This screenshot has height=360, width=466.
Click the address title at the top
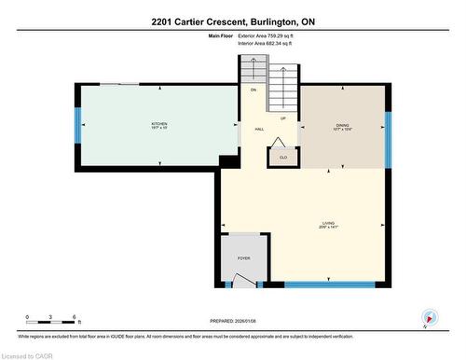coord(232,20)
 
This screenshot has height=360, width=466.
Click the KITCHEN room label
coord(159,126)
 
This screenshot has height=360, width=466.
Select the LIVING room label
coord(328,225)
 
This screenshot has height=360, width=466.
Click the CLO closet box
coord(282,158)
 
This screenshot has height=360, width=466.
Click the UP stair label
coord(282,118)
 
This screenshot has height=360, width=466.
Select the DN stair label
coord(253,90)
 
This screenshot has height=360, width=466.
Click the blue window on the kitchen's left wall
coord(78,126)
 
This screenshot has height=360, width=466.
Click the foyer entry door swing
coord(243,279)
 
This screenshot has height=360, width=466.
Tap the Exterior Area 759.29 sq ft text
coord(271,35)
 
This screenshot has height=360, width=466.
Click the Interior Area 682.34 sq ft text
coord(271,43)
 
